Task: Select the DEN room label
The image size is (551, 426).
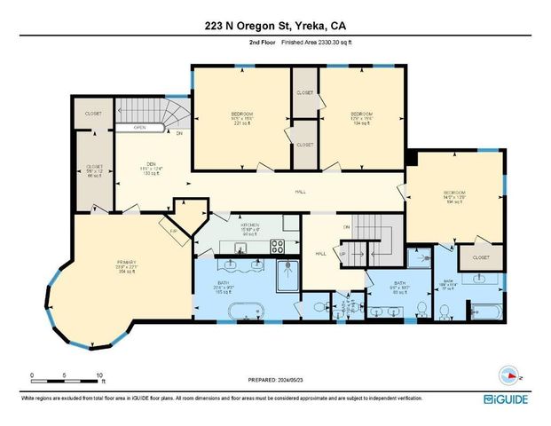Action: (151, 163)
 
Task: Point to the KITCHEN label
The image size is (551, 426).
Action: (248, 229)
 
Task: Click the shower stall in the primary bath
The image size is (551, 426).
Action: (287, 274)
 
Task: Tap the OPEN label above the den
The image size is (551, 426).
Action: (140, 128)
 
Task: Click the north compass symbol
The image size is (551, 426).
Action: (511, 373)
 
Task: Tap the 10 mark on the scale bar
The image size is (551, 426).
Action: (98, 375)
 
